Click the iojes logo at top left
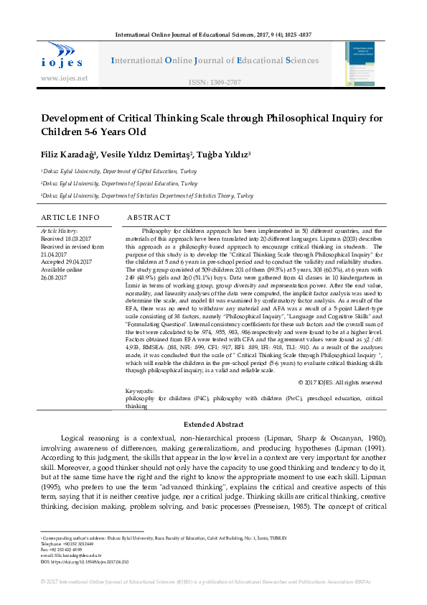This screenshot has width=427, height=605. point(63,55)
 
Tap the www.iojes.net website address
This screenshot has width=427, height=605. point(65,78)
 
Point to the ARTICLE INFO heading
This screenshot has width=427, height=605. point(70,217)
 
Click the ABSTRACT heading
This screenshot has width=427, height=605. point(149,217)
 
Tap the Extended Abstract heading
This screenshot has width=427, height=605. point(213,425)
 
